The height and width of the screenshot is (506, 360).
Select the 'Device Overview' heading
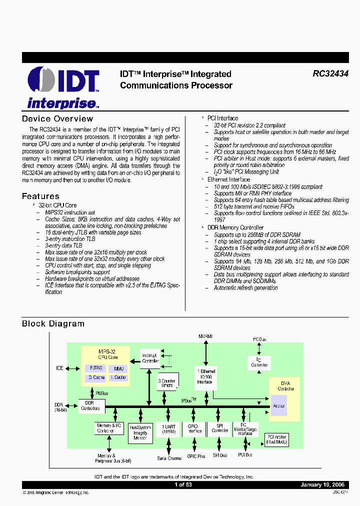[x=57, y=119]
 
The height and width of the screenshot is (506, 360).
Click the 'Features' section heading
[x=40, y=196]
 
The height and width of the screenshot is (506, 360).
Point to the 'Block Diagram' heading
[x=53, y=324]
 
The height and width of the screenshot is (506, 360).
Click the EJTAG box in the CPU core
[x=96, y=368]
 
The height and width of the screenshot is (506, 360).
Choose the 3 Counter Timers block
[x=167, y=382]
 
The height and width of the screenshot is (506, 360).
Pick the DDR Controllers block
[x=90, y=405]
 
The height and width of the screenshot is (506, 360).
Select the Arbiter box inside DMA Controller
[x=278, y=406]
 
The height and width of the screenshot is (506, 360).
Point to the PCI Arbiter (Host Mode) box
[x=276, y=440]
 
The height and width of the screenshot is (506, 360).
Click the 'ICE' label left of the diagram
[x=59, y=368]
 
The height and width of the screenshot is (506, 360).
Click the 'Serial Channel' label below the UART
[x=169, y=458]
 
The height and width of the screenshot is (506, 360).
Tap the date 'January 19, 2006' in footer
[x=322, y=485]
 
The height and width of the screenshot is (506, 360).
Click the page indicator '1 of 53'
[x=182, y=485]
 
